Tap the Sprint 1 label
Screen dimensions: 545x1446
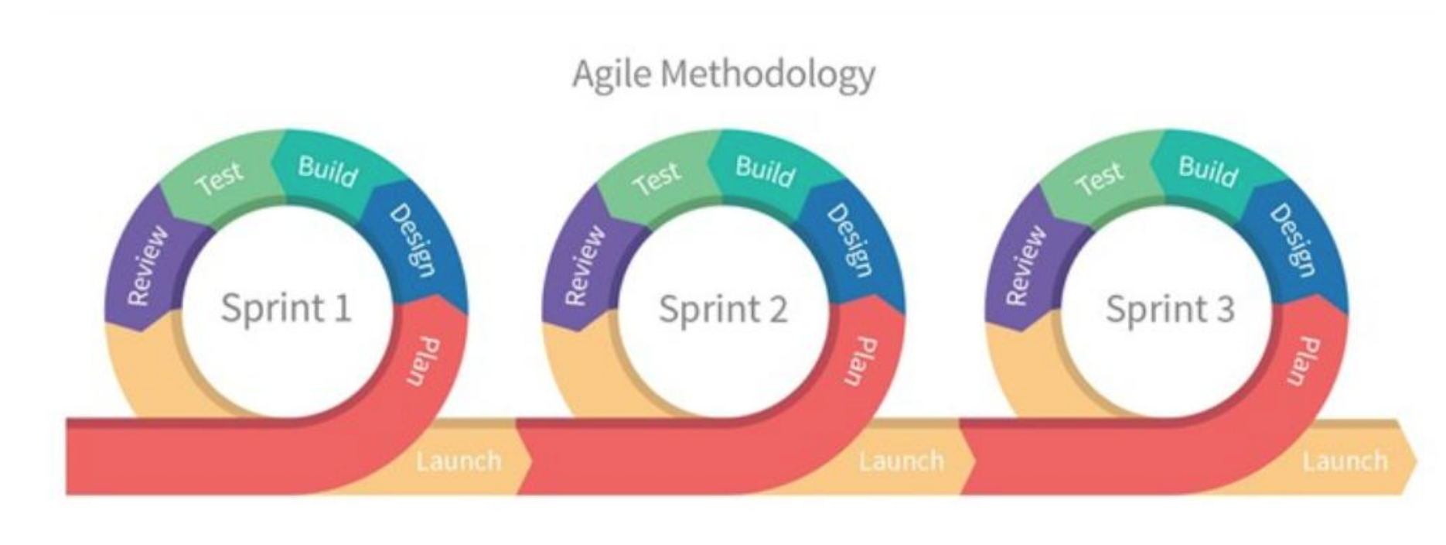(286, 307)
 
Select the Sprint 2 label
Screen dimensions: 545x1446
(723, 309)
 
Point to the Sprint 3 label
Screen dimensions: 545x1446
(1169, 309)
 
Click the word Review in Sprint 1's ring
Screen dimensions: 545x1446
(146, 265)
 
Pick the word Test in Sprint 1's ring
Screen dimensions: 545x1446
(219, 178)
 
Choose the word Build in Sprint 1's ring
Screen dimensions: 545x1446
(328, 171)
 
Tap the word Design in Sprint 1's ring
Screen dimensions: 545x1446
(412, 239)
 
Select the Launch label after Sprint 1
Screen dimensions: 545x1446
(459, 461)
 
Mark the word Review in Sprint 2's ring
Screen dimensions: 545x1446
(585, 265)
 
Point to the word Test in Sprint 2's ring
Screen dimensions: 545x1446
(656, 178)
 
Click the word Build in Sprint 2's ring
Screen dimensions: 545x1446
(766, 171)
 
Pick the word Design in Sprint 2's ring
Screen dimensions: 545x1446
(850, 239)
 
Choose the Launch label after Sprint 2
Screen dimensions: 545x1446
(902, 461)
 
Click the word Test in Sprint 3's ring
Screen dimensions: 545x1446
(1099, 178)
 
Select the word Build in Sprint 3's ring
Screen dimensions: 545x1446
(1208, 171)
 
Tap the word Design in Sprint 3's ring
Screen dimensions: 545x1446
(1291, 239)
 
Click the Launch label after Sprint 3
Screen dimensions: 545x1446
(1345, 461)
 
